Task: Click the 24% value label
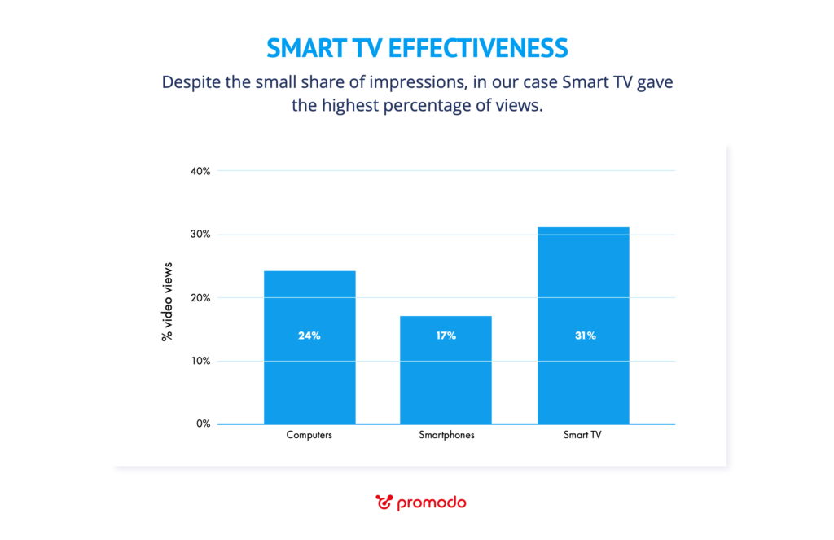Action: [309, 336]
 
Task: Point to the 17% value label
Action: [446, 336]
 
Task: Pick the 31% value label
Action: [583, 336]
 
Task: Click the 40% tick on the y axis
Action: [200, 171]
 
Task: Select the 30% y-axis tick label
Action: [200, 235]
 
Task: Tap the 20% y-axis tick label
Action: [200, 298]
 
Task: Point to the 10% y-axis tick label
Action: [200, 361]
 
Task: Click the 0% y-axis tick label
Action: [203, 424]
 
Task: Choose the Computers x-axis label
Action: [309, 436]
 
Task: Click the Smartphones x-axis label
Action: [446, 436]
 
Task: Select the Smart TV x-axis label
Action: [582, 436]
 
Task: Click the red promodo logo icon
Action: [384, 502]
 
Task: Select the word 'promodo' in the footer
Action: [432, 503]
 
